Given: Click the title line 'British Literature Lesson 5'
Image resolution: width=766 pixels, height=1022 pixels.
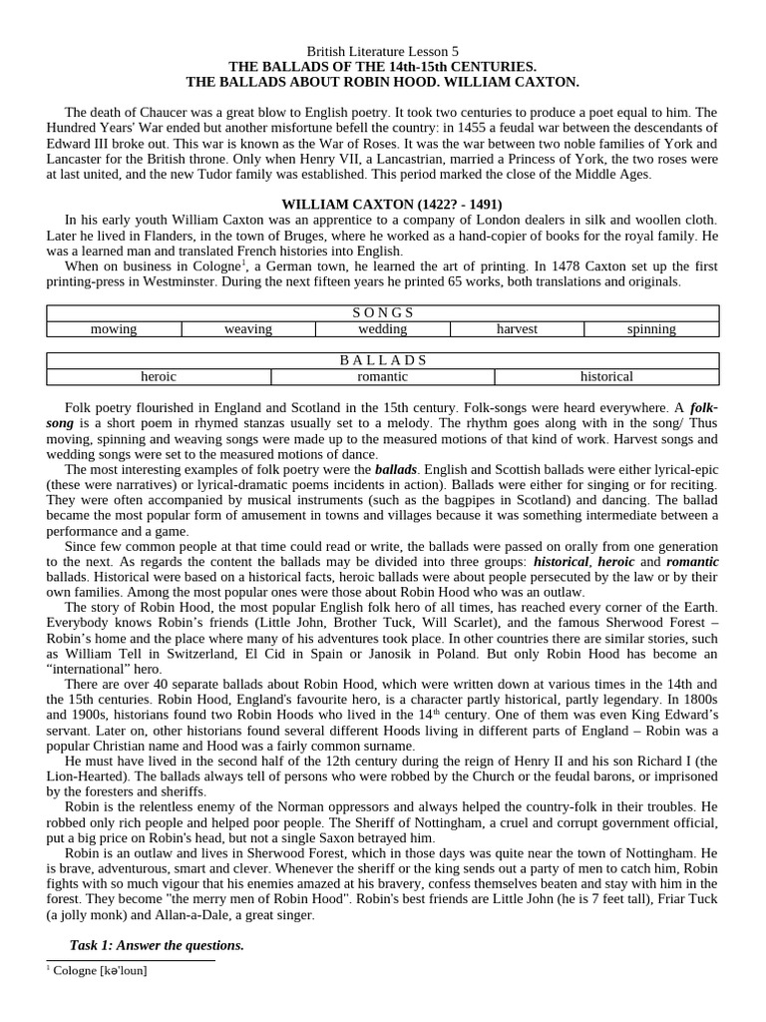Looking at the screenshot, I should point(382,50).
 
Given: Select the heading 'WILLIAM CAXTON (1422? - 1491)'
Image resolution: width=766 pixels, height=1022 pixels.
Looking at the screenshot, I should point(382,204).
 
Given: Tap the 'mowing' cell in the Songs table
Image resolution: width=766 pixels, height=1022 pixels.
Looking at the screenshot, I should point(114,328).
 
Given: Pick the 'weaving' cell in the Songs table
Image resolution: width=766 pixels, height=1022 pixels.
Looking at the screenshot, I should point(248,328).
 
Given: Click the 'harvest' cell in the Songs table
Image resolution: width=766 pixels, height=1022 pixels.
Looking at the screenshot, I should point(517,328).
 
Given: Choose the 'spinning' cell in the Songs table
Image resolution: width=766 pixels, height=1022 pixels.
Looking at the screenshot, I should point(651,328).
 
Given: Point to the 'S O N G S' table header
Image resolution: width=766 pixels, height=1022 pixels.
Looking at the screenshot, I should point(383,312).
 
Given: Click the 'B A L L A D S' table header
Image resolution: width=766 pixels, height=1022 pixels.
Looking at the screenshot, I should point(383,360).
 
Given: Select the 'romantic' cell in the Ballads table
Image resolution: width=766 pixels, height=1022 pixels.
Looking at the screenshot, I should point(383,376).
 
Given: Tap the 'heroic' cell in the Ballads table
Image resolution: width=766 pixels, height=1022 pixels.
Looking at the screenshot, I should point(159,376).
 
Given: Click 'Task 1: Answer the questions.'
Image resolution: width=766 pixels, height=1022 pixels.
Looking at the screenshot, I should point(157,944).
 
